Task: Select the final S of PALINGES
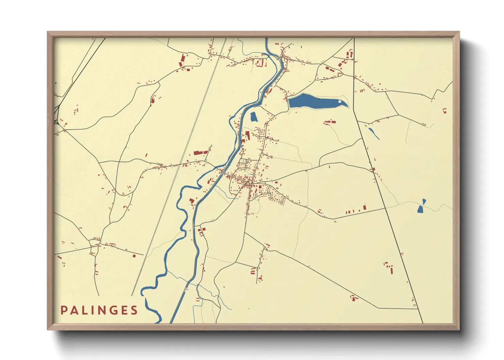click(x=134, y=310)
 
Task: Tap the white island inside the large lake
click(x=340, y=101)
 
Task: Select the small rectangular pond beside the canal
click(x=253, y=117)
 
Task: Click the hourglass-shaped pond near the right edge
click(x=422, y=206)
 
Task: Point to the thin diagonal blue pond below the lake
click(x=374, y=133)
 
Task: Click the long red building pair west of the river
click(x=201, y=152)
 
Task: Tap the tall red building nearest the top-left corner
click(x=182, y=60)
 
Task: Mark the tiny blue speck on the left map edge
click(x=56, y=83)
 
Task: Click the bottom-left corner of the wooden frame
click(x=48, y=329)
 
